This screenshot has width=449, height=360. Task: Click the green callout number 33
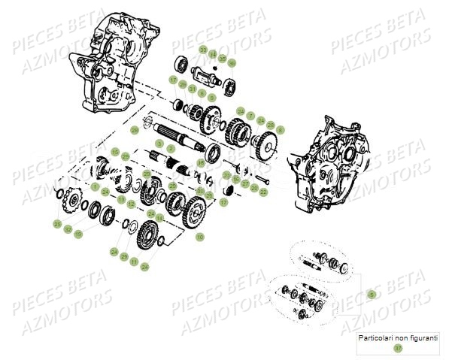(203, 50)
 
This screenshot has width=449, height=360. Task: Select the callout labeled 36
(232, 62)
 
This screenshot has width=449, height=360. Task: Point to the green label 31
(193, 89)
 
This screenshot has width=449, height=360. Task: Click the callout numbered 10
(199, 237)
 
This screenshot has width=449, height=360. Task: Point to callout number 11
(134, 262)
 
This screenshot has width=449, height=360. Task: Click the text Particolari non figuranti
(398, 337)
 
